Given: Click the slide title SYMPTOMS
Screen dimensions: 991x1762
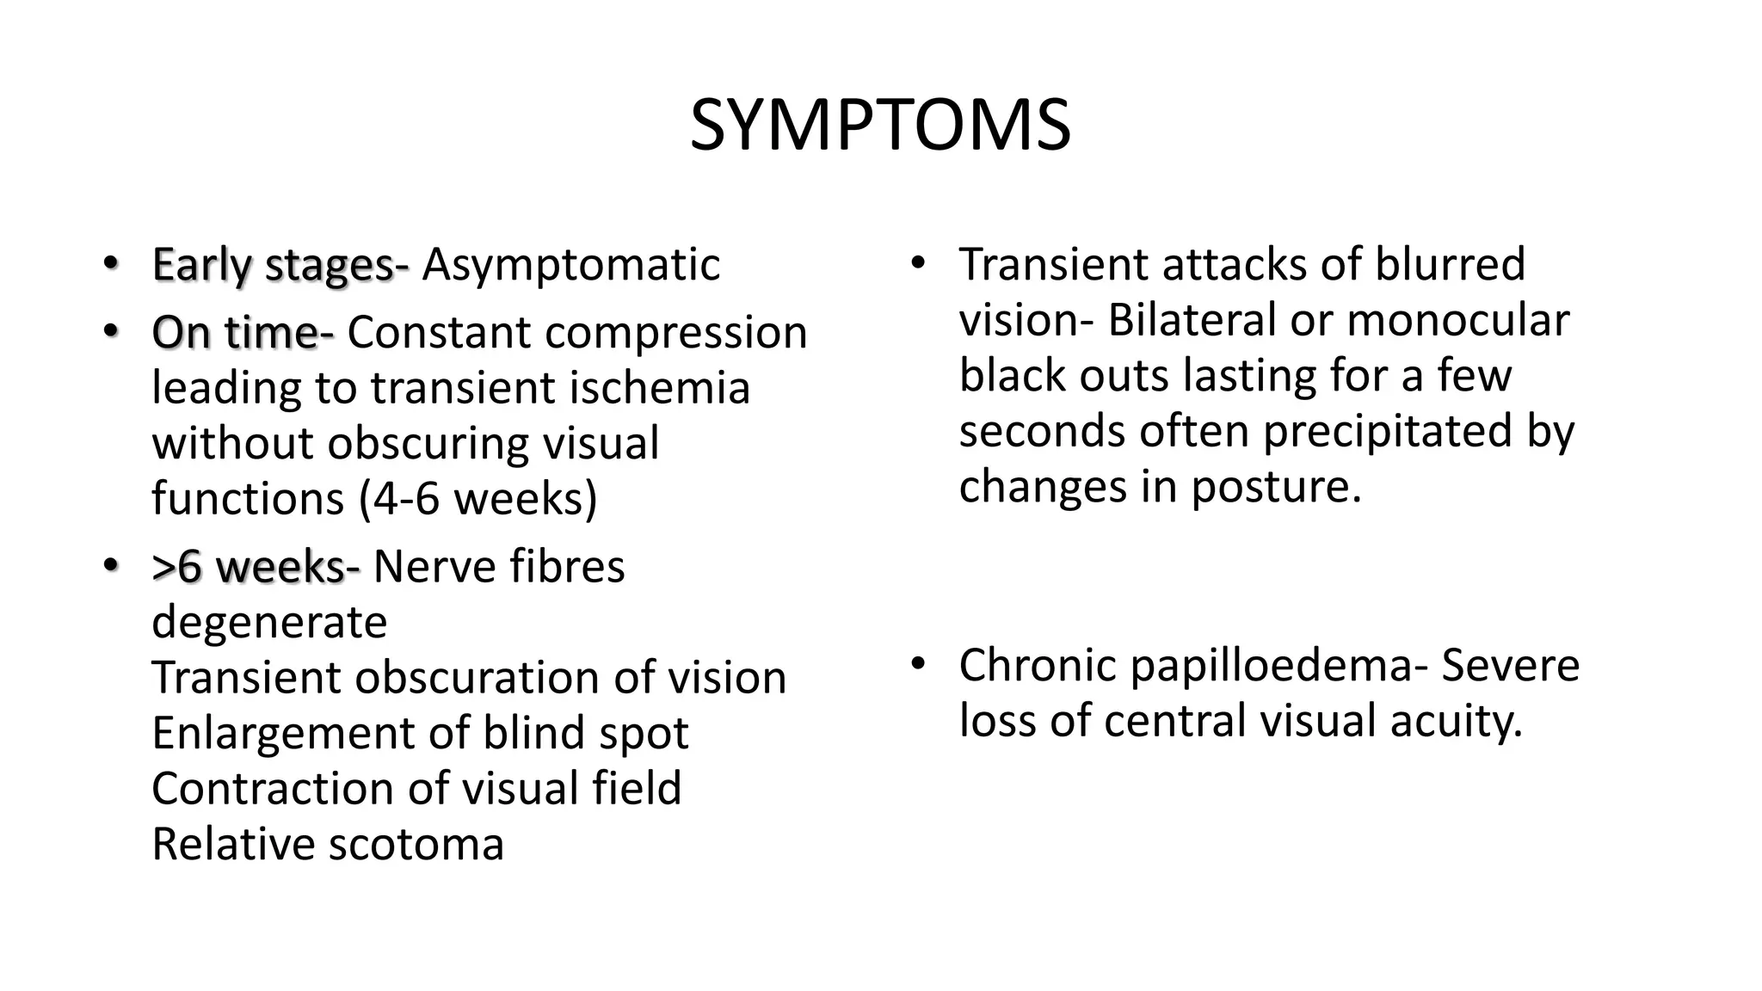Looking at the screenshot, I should click(880, 126).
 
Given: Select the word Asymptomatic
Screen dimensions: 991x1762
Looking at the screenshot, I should click(570, 264).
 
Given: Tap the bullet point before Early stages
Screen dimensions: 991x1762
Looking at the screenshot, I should click(109, 262).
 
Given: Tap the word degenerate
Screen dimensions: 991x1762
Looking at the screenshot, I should click(269, 622).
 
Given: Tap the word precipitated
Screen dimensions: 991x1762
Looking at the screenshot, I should click(1387, 431).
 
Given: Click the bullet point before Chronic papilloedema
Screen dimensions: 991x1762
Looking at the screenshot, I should click(917, 664).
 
